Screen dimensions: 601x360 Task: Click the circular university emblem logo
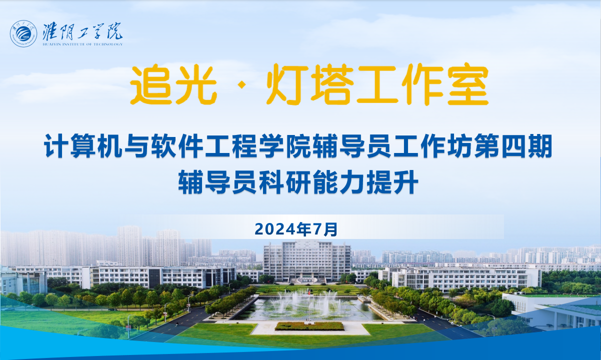tap(23, 34)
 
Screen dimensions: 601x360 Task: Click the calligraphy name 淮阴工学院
tap(82, 31)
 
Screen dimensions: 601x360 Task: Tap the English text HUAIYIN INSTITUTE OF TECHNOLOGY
tap(82, 44)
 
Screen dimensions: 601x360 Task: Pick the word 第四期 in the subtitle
tap(513, 146)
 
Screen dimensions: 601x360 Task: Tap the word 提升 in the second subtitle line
tap(392, 182)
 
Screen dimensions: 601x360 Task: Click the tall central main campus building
tap(307, 261)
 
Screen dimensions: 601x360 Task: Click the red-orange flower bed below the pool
tap(309, 326)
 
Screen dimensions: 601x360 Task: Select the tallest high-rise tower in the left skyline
tap(129, 245)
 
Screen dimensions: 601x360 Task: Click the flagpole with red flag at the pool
tap(309, 304)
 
